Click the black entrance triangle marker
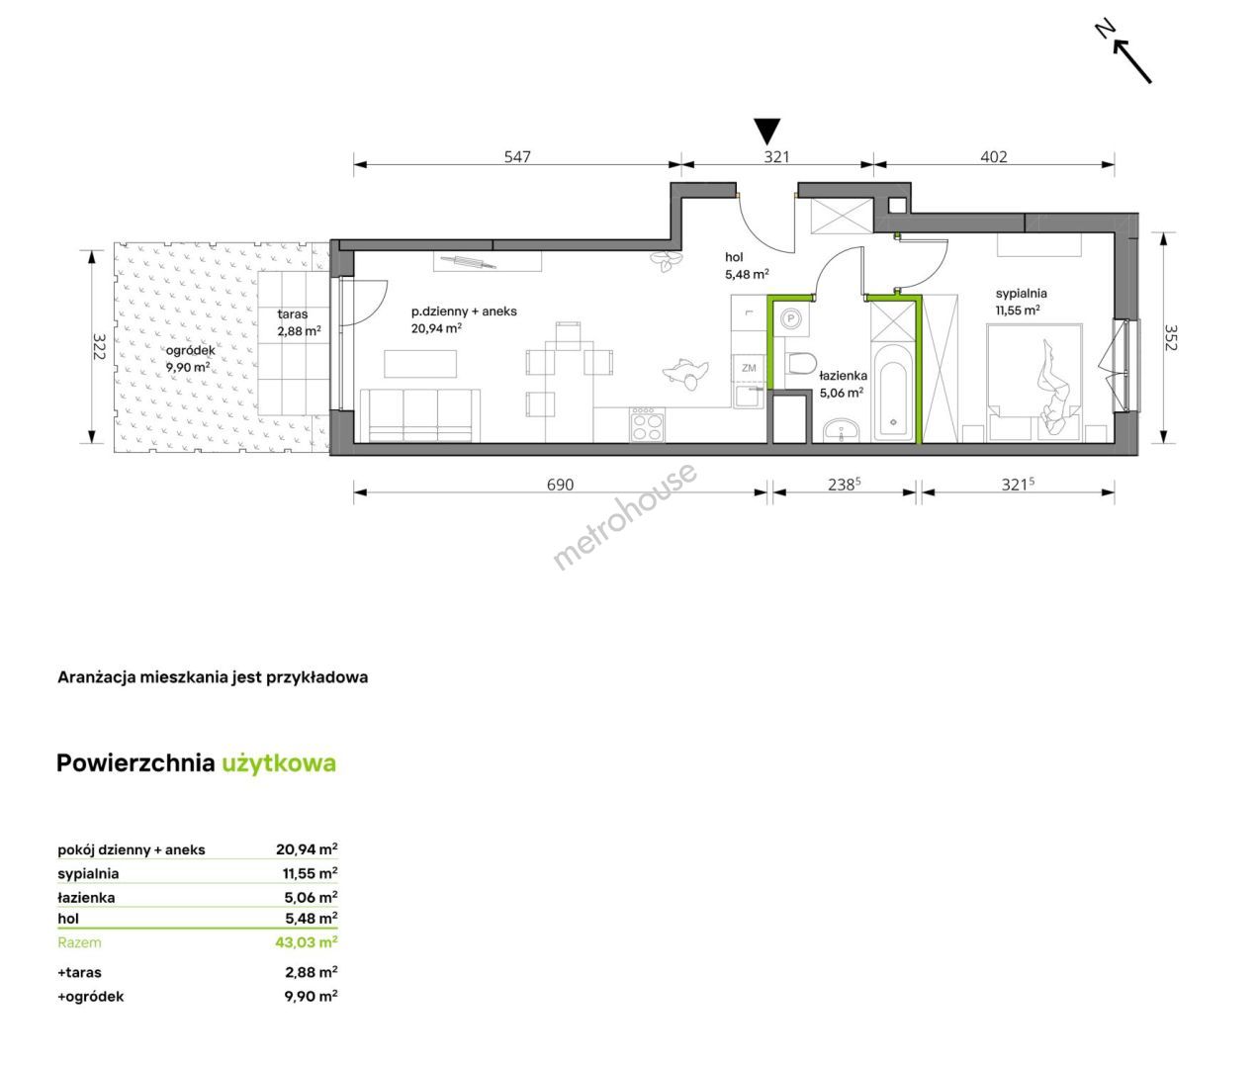coord(766,131)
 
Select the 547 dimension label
coord(517,157)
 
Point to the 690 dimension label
coord(560,485)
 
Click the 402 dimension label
coord(993,157)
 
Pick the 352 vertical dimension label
coord(1171,338)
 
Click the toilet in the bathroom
coord(801,364)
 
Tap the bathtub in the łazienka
coord(893,393)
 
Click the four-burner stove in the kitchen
coord(648,425)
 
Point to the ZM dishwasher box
coord(749,368)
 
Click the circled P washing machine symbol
coord(791,318)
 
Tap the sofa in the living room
coord(420,415)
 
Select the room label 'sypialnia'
coord(1022,294)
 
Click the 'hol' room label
coord(734,257)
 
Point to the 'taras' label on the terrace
coord(293,314)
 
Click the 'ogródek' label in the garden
coord(191,350)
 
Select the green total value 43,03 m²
coord(307,942)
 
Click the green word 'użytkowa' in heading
coord(279,763)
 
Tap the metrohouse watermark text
coord(624,516)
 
